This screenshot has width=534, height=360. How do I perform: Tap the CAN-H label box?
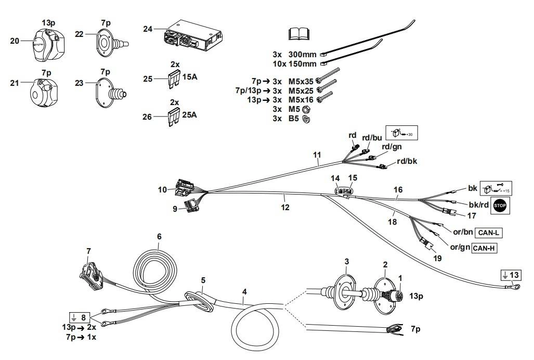(484, 249)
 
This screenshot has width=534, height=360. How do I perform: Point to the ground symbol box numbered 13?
(510, 274)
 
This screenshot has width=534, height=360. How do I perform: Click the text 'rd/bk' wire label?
(407, 161)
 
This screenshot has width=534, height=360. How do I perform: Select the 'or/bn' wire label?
(461, 232)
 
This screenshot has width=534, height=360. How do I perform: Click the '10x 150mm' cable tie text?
(294, 64)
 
